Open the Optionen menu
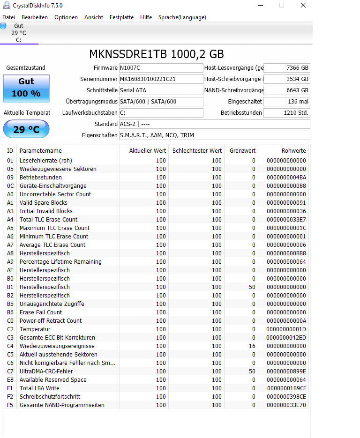pos(66,17)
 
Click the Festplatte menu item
pos(121,17)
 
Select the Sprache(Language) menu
pos(182,17)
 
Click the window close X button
pos(303,6)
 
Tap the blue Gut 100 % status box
pos(26,88)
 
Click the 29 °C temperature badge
pos(26,129)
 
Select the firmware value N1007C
pos(161,68)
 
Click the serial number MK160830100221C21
pos(161,79)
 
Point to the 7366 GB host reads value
pos(287,68)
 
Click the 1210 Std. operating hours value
pos(287,113)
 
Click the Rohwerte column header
pos(293,150)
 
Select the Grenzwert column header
pos(242,150)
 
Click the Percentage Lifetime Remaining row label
pos(60,262)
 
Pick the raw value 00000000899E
pos(286,371)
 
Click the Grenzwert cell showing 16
pos(252,346)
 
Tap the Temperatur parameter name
pos(35,329)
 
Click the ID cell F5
pos(10,405)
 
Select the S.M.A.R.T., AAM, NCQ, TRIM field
pos(214,135)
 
